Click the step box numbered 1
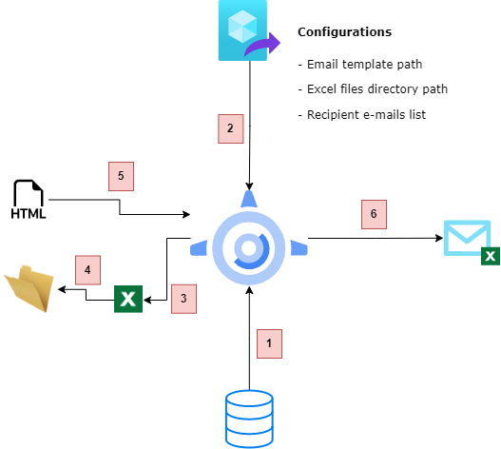269,342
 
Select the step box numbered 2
230,128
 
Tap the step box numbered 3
184,299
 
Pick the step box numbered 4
87,271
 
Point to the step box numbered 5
121,176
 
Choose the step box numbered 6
374,215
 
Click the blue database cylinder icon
248,419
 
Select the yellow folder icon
29,289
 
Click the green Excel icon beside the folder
128,300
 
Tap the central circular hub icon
249,247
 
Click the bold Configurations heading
344,32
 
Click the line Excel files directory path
373,89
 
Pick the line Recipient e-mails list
360,114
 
